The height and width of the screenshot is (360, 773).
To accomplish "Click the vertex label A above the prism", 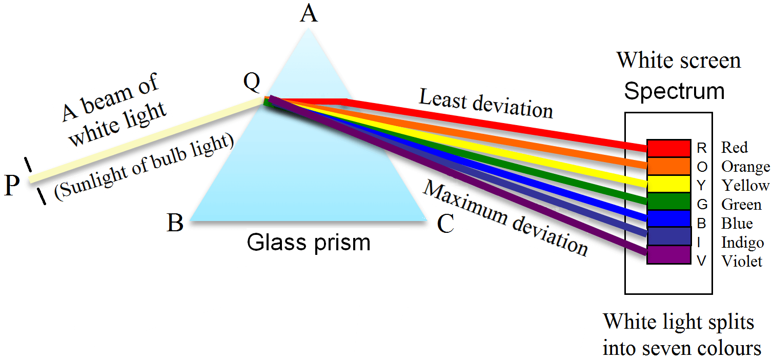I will click(309, 14).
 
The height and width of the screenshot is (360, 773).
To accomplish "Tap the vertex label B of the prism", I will click(175, 224).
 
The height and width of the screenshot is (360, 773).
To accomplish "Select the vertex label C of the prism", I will click(446, 224).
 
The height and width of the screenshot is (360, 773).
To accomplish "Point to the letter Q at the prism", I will click(252, 83).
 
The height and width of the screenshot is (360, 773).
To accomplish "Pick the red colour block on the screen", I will click(668, 148).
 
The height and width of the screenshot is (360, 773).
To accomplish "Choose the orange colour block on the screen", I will click(668, 166).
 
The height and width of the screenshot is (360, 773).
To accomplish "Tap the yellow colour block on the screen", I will click(668, 184).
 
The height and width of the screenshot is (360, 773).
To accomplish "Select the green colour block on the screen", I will click(668, 201).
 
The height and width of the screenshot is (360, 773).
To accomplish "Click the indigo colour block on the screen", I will click(668, 236).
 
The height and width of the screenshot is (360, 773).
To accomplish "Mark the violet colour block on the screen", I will click(668, 255).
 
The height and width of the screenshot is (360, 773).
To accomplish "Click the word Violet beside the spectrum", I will click(742, 261).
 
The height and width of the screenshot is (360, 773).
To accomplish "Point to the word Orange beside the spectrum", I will click(745, 167).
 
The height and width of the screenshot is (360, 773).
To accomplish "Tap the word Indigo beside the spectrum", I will click(743, 242).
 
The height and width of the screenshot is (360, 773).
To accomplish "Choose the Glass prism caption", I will click(309, 242).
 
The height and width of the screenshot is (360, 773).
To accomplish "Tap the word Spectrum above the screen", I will click(674, 91).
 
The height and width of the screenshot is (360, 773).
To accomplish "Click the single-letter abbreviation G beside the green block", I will click(702, 205).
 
